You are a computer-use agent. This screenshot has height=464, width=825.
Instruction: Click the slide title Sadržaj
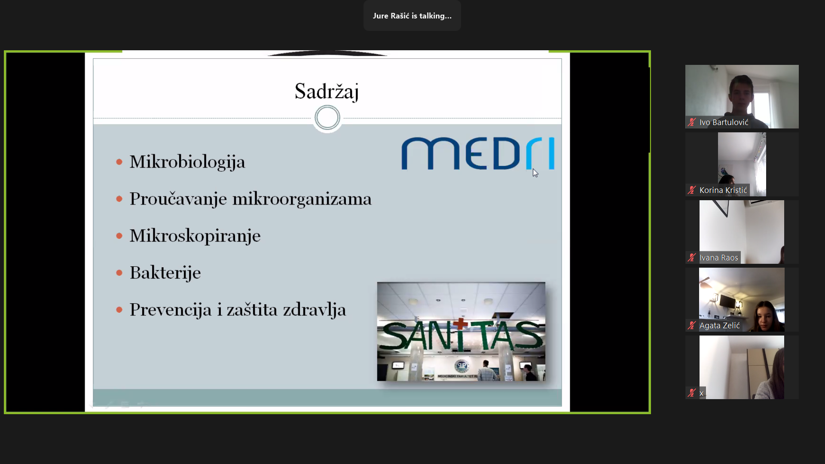coord(327,92)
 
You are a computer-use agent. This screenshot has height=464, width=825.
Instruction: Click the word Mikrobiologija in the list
coord(187,162)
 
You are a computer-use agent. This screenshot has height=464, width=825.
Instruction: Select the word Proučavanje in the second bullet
coord(178,199)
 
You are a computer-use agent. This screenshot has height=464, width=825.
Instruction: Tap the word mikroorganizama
coord(302,199)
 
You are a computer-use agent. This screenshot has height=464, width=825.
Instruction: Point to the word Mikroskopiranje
coord(195,236)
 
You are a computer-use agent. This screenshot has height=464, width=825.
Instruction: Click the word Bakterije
coord(165,273)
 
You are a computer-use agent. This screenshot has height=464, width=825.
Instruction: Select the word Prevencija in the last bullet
coord(171,310)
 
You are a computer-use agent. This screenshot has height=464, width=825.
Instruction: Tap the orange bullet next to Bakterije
coord(119,273)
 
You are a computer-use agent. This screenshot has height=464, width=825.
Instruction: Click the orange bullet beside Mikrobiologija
coord(119,162)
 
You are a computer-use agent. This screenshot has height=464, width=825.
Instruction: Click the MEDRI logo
coord(478,153)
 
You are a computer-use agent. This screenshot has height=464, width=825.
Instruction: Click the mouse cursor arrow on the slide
coord(535,173)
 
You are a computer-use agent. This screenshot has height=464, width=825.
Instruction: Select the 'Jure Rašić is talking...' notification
coord(412,16)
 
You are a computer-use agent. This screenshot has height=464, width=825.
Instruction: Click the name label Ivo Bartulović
coord(724,122)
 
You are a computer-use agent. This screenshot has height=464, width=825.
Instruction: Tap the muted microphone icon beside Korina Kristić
coord(691,190)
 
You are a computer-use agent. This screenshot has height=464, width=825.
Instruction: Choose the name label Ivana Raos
coord(718,258)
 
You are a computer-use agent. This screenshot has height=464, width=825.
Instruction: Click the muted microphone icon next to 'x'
coord(691,393)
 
